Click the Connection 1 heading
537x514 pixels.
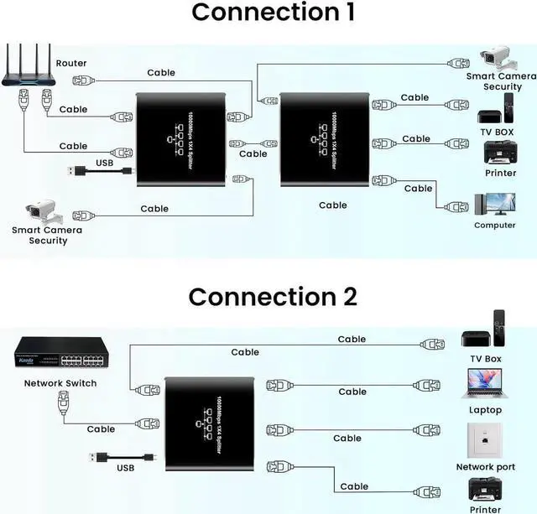(273, 13)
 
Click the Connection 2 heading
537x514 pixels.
(273, 297)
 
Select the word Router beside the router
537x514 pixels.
(71, 63)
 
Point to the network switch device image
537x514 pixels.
(60, 356)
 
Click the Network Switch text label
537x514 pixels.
(60, 383)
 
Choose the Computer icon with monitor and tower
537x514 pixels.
(494, 205)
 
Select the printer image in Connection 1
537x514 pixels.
(500, 153)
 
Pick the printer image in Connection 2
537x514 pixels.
(485, 490)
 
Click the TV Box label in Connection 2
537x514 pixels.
(485, 359)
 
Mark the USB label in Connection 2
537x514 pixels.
(125, 468)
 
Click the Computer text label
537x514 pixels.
(494, 225)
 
